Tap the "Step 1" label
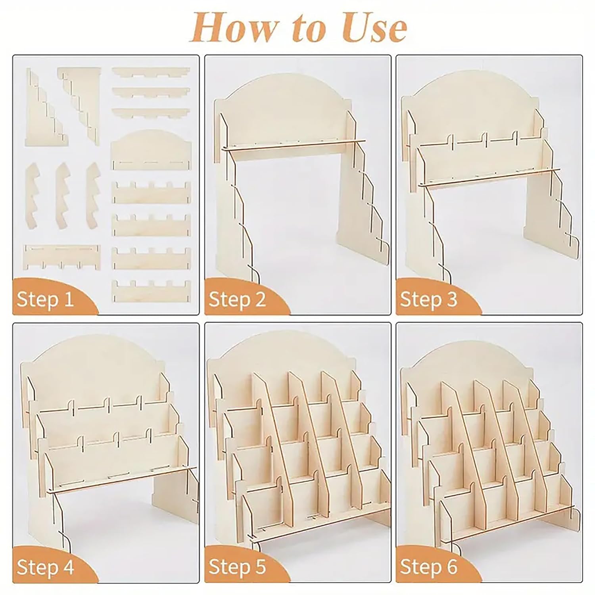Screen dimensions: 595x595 tap(45, 299)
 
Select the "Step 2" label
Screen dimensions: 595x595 tap(237, 299)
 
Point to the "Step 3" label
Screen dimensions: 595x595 tap(429, 299)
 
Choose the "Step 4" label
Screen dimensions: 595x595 tap(45, 567)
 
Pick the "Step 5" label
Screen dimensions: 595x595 tap(237, 567)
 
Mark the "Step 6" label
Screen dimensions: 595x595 tap(429, 567)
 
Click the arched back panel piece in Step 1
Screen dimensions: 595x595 tap(151, 150)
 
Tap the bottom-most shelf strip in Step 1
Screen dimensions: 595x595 tap(151, 290)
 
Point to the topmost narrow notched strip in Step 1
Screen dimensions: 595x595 tap(151, 72)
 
